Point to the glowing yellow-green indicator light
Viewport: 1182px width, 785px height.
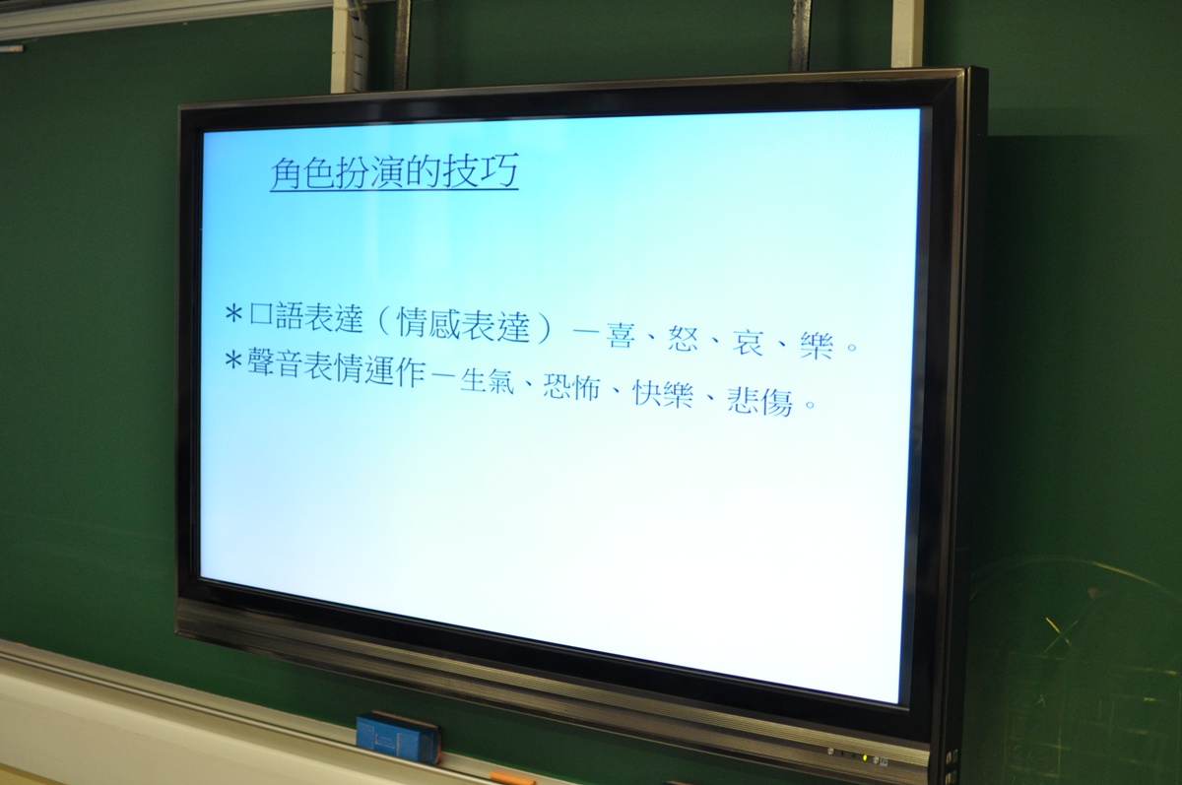point(865,758)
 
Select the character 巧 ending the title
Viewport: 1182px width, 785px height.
point(500,170)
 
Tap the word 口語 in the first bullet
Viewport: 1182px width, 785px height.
point(277,315)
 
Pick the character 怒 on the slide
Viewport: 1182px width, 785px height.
point(684,340)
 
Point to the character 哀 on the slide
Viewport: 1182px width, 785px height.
point(748,343)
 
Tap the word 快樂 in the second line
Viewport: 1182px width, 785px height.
point(663,394)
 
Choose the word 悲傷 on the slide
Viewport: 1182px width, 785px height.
point(760,402)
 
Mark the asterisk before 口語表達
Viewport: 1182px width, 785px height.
point(233,314)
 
